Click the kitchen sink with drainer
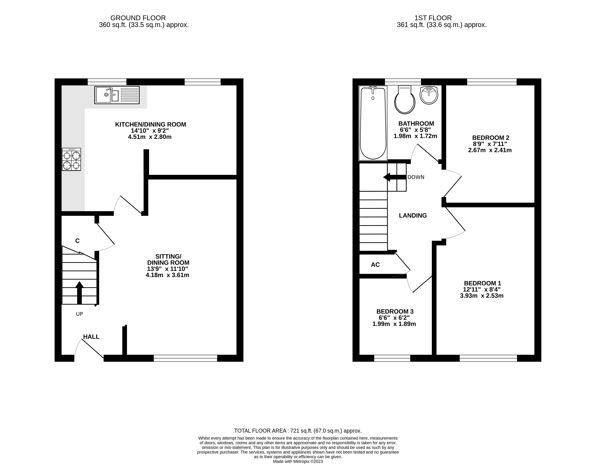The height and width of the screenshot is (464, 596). click(x=117, y=95)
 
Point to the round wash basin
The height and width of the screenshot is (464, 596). click(x=429, y=95)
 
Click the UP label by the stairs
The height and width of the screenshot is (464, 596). click(x=79, y=314)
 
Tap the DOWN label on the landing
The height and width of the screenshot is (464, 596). click(x=416, y=177)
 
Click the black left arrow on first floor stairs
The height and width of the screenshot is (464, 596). click(x=395, y=177)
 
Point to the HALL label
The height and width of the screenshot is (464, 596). click(x=91, y=337)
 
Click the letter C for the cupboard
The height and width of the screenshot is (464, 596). click(x=77, y=241)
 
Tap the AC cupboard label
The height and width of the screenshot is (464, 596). click(x=375, y=264)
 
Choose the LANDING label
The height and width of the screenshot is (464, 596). click(x=413, y=216)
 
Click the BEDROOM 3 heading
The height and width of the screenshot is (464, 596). click(x=395, y=311)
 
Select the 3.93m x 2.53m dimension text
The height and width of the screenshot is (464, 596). click(x=482, y=296)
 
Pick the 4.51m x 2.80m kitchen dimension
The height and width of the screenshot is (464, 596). click(x=150, y=137)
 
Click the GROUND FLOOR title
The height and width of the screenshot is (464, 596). click(x=138, y=18)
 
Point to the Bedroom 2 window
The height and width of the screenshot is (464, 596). click(x=492, y=82)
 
